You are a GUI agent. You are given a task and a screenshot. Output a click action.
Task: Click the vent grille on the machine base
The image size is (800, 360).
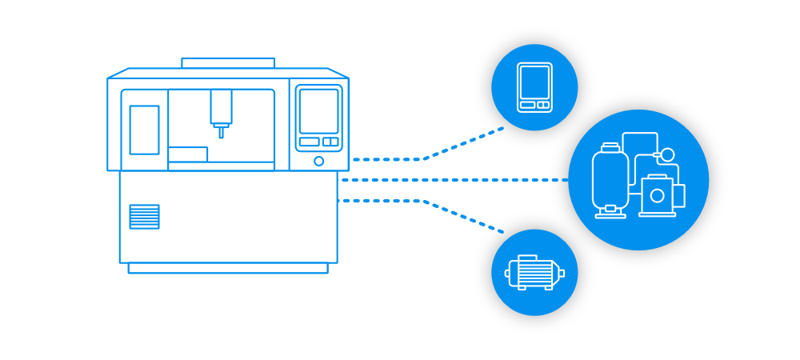tap(144, 217)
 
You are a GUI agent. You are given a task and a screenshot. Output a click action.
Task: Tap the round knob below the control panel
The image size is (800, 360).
tap(318, 162)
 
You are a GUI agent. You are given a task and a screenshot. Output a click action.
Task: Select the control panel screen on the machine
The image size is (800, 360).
tap(318, 110)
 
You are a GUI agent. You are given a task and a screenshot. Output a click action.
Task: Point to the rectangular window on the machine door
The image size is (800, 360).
tap(144, 130)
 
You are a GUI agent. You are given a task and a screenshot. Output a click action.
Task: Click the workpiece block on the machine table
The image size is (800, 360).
tap(187, 154)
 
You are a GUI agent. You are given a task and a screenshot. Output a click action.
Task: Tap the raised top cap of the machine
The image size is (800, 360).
tap(228, 63)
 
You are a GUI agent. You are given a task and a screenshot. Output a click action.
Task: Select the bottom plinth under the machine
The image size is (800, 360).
tap(228, 268)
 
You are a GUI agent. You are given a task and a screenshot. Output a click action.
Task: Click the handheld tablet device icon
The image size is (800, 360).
tap(534, 87)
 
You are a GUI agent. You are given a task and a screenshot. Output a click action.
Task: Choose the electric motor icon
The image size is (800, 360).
tap(534, 273)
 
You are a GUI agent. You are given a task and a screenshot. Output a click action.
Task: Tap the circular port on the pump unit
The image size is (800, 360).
tap(658, 196)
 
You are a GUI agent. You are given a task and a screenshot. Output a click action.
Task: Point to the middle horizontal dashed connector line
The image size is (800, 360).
tap(448, 180)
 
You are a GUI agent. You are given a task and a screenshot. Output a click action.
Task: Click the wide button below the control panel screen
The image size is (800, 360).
tap(309, 142)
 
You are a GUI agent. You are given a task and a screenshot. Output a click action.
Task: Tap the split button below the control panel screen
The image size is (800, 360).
tap(330, 142)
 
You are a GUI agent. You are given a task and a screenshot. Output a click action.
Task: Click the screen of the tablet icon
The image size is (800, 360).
tap(534, 82)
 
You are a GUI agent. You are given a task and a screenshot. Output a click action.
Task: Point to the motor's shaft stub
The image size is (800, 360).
tap(562, 274)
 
